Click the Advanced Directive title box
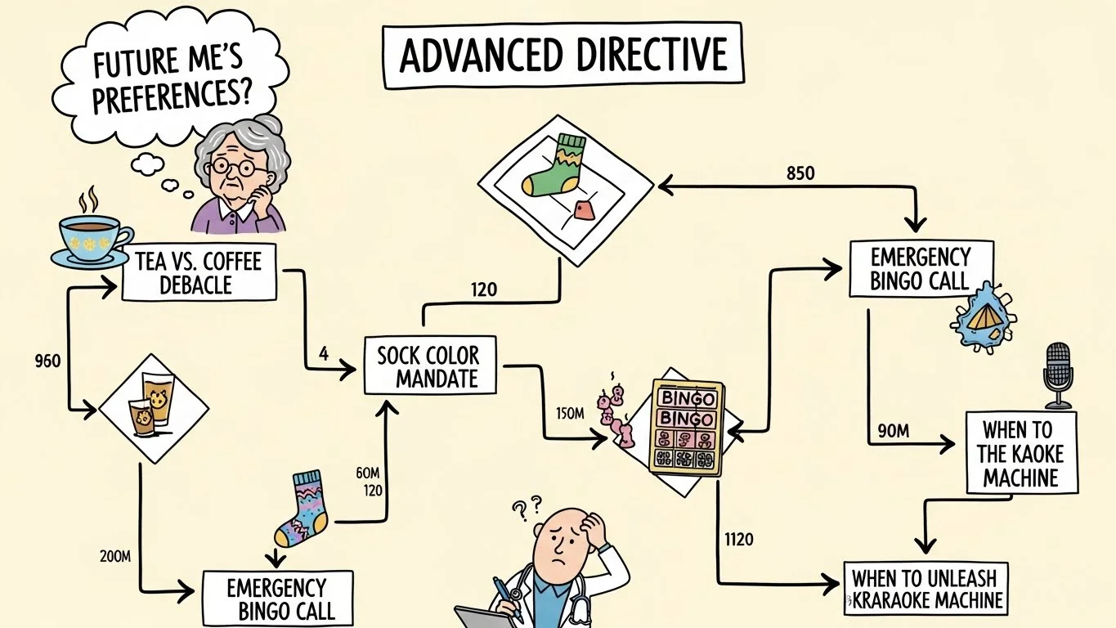click(563, 55)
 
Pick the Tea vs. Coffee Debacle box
click(199, 272)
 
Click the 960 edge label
click(48, 360)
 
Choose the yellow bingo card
click(687, 427)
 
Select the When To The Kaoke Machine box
click(1021, 452)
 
